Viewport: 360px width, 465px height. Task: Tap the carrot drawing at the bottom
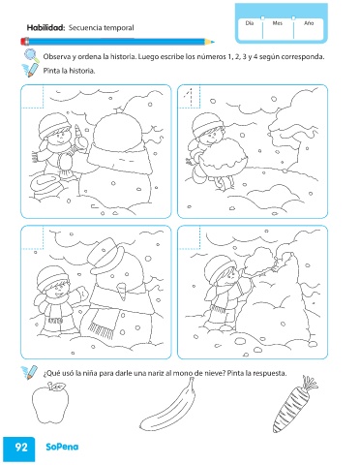[294, 405]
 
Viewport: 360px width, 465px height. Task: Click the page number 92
[21, 448]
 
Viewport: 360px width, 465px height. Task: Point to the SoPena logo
[62, 447]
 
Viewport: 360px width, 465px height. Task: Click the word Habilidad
[45, 28]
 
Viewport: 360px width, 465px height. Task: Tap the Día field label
[250, 23]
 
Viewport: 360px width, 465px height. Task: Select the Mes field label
[278, 23]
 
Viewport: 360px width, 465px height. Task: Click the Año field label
[309, 23]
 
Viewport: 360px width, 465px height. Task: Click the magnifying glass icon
[32, 55]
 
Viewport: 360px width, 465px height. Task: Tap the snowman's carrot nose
[122, 291]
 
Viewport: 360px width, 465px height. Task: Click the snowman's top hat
[107, 254]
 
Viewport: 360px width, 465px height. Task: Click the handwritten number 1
[190, 96]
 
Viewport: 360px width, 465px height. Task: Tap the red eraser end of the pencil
[24, 42]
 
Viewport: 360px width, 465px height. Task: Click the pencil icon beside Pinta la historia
[30, 71]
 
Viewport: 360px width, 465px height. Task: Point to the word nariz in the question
[155, 373]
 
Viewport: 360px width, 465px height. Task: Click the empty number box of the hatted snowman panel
[33, 238]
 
